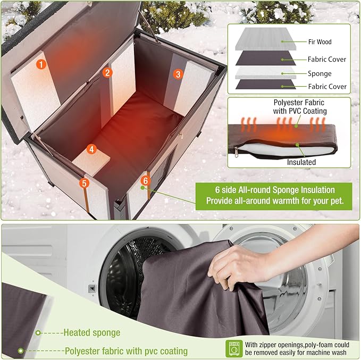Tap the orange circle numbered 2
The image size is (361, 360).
[x=107, y=72]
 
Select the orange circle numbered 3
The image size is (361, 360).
[x=178, y=74]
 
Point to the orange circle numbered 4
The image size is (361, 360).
[x=92, y=149]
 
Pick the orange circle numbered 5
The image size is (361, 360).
[x=83, y=183]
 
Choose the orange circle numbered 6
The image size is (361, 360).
[x=145, y=181]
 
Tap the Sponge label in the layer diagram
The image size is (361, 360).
[x=319, y=73]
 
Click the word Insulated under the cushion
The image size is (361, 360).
[x=301, y=162]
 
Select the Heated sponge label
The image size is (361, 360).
[x=91, y=333]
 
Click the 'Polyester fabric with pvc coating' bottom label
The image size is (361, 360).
[x=125, y=351]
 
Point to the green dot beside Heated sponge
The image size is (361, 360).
[x=38, y=333]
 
